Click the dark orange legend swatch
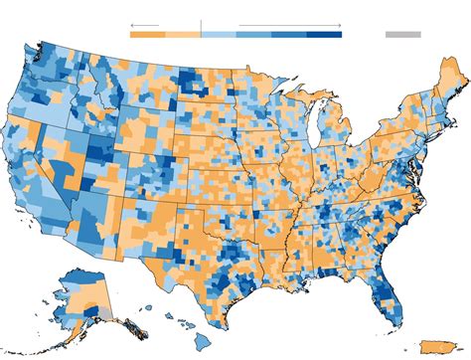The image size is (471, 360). [x=147, y=34]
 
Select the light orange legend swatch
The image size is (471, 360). [x=183, y=34]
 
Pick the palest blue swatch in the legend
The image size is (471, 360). [x=219, y=34]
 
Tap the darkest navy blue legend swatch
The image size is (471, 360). [x=324, y=34]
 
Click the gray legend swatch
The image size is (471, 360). [x=402, y=34]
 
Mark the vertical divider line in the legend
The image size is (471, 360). [x=201, y=27]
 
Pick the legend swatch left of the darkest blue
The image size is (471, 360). [x=289, y=34]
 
